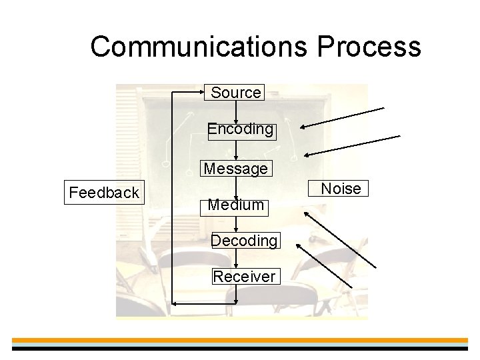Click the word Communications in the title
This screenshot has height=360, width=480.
point(199,47)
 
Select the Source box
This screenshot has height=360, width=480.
point(235,93)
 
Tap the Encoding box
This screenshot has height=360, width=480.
point(240,129)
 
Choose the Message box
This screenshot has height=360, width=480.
point(236,169)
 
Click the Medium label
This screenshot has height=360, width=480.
point(236,205)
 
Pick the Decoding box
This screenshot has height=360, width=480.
point(244,240)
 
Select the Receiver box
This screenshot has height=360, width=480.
point(244,276)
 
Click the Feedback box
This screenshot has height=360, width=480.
point(104,193)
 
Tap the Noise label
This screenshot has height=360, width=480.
point(341,189)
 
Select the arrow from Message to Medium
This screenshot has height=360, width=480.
point(236,187)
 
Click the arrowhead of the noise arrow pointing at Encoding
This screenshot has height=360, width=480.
point(302,127)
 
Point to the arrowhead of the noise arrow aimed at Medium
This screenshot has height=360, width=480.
point(306,214)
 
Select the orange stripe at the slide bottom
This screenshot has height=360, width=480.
point(240,340)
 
